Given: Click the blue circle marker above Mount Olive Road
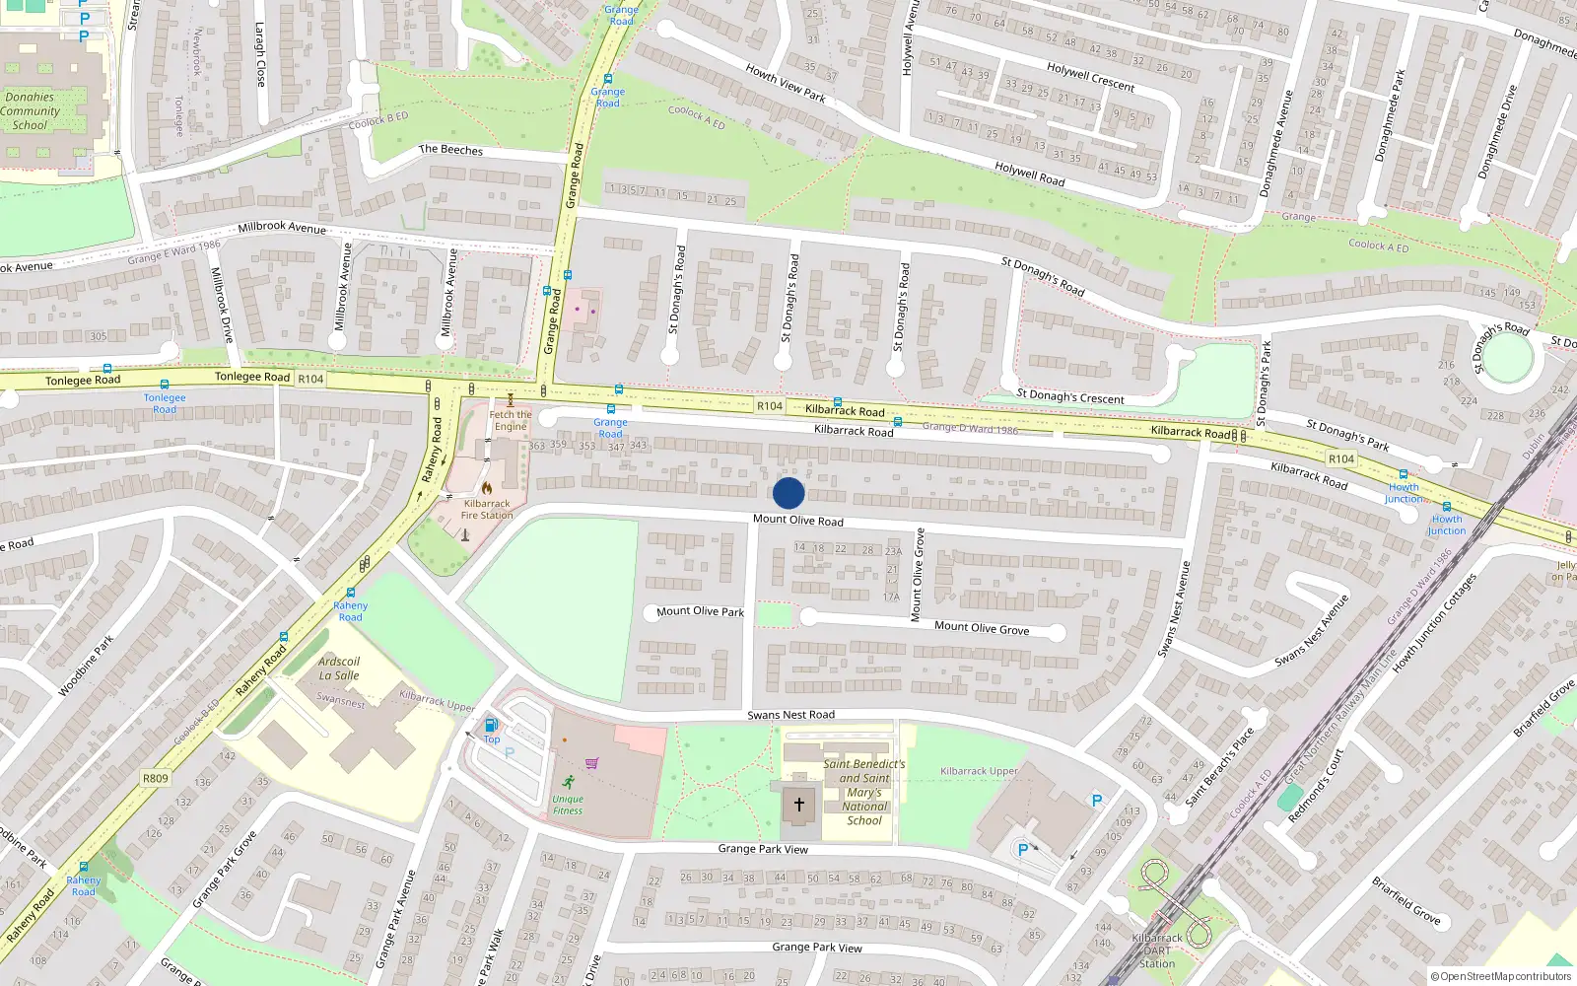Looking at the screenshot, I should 788,493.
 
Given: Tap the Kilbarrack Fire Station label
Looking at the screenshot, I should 487,509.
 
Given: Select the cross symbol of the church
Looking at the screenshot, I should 798,805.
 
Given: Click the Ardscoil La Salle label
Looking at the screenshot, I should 339,669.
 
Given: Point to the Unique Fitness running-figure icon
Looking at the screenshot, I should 568,782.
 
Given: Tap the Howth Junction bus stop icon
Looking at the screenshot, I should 1403,474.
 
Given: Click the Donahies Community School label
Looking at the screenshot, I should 31,110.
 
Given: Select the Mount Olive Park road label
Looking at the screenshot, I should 700,611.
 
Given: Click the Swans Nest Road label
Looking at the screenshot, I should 790,715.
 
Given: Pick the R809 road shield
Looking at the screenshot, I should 156,778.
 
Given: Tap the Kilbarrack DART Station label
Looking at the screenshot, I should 1157,951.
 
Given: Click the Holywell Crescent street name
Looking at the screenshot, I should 1090,77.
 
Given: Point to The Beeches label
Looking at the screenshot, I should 450,150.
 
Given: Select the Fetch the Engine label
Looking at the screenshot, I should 511,420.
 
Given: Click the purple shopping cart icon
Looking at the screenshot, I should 591,762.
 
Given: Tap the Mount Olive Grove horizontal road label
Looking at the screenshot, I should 981,627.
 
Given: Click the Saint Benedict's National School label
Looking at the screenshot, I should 864,792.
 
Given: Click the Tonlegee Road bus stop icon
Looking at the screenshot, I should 165,385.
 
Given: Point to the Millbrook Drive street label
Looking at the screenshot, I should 223,304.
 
